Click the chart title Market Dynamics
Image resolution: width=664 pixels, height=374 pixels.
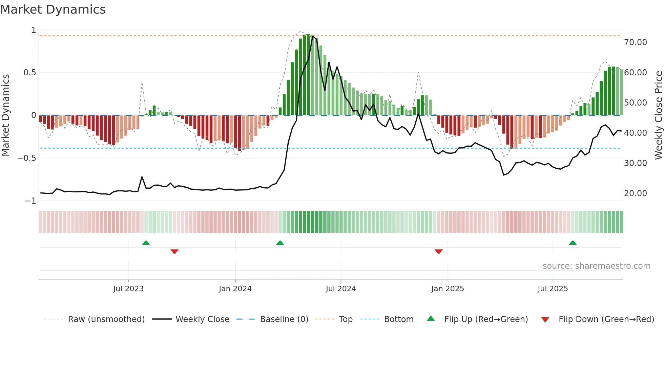[x=53, y=10]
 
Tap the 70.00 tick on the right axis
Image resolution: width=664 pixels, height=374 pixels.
[x=635, y=42]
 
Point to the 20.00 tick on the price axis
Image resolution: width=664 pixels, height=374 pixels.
[x=635, y=193]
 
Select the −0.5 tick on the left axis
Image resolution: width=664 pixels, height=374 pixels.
[x=26, y=158]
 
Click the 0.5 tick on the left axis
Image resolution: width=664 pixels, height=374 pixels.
[x=29, y=73]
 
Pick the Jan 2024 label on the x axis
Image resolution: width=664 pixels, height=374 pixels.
[x=235, y=289]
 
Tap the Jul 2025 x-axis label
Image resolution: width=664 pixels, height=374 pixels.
[x=553, y=289]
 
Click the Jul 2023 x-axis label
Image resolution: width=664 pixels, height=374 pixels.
[x=128, y=289]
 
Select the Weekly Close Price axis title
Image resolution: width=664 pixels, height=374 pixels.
[x=658, y=115]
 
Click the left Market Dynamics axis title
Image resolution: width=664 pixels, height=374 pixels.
[x=6, y=115]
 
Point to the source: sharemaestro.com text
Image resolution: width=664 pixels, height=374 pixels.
[x=596, y=266]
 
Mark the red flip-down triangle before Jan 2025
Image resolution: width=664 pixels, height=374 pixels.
[x=438, y=251]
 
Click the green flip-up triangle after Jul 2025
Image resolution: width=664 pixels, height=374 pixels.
[x=573, y=243]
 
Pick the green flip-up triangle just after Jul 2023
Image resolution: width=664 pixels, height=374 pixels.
[x=146, y=243]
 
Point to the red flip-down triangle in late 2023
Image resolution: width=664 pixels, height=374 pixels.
[x=174, y=251]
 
